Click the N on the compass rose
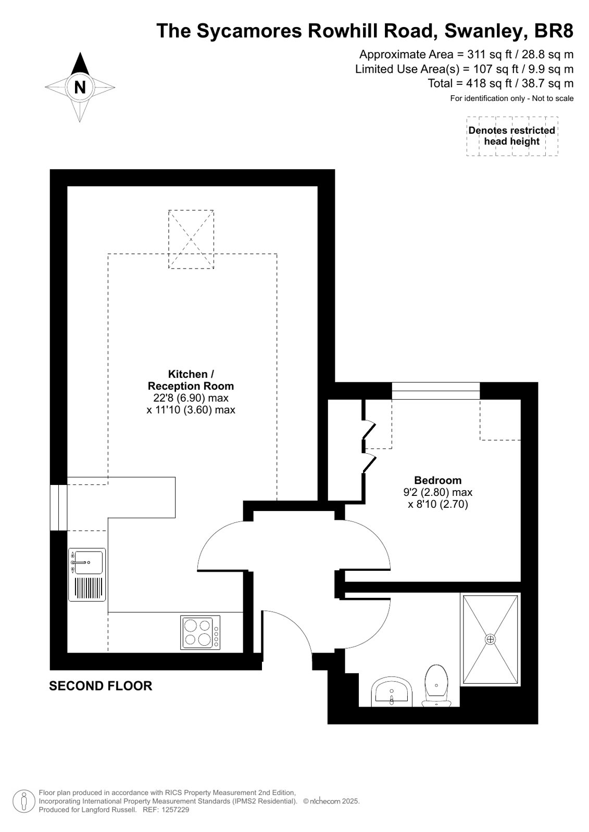coord(80,87)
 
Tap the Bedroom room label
coord(437,480)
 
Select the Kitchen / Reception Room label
coord(191,380)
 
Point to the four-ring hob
coord(200,633)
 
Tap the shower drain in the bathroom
coord(490,639)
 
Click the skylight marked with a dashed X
coord(191,239)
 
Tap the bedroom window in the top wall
coord(436,391)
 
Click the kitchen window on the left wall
coord(58,508)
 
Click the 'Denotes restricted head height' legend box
coord(512,136)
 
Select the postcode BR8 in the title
coord(554,31)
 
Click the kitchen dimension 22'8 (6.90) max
coord(191,398)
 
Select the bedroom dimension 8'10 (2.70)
coord(438,504)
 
